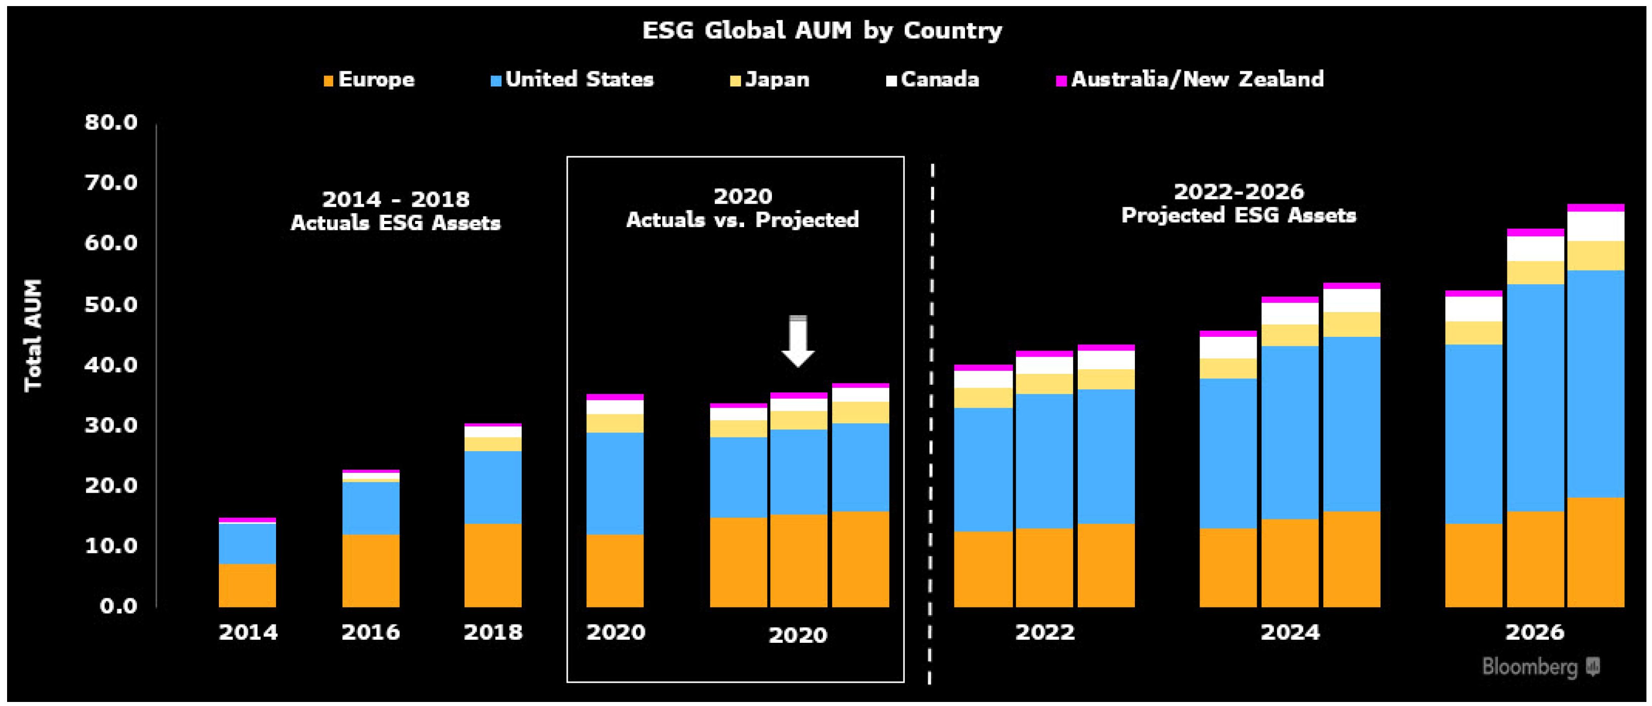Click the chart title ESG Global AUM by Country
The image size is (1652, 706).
pos(821,30)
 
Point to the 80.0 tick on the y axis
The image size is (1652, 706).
pos(111,122)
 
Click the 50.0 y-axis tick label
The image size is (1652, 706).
pos(111,304)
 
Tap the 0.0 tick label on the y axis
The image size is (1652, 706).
pos(119,606)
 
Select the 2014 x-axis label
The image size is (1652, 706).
pos(248,633)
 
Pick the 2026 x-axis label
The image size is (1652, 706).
pos(1535,633)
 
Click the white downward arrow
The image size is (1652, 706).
pos(798,341)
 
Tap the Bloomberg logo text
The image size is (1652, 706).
pos(1530,667)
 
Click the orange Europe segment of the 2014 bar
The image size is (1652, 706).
pos(248,585)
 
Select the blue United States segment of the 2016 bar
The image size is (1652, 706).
pos(371,508)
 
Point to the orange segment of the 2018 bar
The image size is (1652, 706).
pos(492,565)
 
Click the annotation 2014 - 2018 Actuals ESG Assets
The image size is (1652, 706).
pos(396,210)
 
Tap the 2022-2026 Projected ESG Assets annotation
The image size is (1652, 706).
pos(1238,203)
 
